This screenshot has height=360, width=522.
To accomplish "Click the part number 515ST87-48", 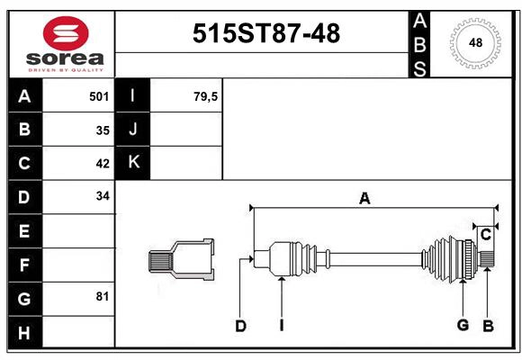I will [267, 33].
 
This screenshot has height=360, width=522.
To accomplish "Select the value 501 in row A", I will [100, 95].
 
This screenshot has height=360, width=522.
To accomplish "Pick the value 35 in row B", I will [103, 130].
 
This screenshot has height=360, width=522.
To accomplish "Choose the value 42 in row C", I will [103, 164].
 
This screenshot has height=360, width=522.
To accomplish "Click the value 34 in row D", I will [103, 196].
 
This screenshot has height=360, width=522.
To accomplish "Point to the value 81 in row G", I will [103, 297].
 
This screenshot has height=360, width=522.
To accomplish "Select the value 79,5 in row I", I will [206, 95].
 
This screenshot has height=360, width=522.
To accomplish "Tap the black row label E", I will [24, 231].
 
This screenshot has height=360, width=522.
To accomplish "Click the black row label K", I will [133, 163].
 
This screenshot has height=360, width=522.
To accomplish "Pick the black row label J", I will [133, 129].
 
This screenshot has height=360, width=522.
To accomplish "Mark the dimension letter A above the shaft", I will [364, 199].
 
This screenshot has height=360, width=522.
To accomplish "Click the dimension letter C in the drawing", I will [485, 235].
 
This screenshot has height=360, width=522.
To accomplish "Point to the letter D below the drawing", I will [240, 326].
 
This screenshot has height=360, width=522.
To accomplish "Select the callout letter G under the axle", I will [463, 325].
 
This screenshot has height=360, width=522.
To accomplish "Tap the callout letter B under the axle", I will [488, 325].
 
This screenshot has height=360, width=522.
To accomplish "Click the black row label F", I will [24, 265].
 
